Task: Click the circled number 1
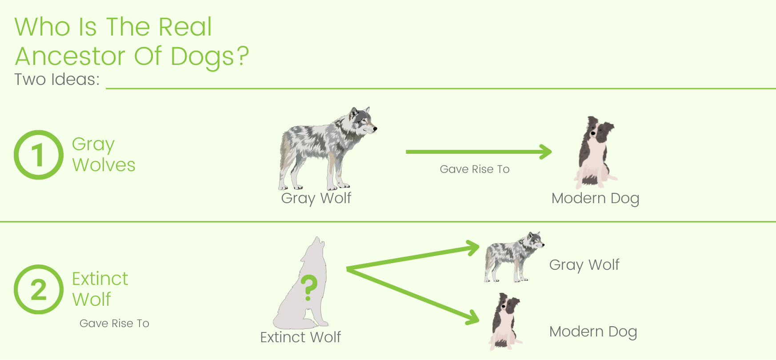click(38, 155)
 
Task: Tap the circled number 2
click(38, 289)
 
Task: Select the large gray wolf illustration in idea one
click(327, 149)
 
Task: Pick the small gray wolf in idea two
click(513, 257)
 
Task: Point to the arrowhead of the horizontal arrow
click(547, 152)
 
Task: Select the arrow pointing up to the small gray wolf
click(413, 257)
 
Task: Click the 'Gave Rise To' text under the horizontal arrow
click(474, 169)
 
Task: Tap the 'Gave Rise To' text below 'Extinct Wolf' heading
click(114, 323)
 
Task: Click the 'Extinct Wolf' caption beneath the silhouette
click(300, 337)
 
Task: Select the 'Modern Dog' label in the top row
click(595, 198)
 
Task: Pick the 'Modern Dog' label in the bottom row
click(593, 332)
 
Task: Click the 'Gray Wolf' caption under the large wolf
click(316, 198)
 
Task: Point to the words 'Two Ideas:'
click(57, 79)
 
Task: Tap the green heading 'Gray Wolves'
click(103, 154)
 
